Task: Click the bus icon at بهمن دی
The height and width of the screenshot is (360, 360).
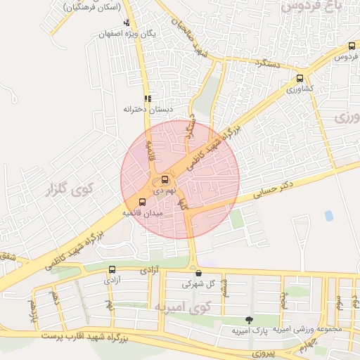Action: click(165, 179)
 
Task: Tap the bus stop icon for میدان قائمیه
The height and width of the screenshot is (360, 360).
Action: click(143, 202)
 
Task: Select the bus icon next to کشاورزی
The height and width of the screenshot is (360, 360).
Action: click(301, 79)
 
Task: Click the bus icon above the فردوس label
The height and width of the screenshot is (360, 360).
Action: click(352, 46)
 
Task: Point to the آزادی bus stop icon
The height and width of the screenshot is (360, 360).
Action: click(112, 269)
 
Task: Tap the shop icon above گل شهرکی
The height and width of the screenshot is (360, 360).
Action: click(198, 274)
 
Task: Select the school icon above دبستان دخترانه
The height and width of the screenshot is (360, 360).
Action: click(147, 99)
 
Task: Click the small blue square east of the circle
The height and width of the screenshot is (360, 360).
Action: click(328, 216)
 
